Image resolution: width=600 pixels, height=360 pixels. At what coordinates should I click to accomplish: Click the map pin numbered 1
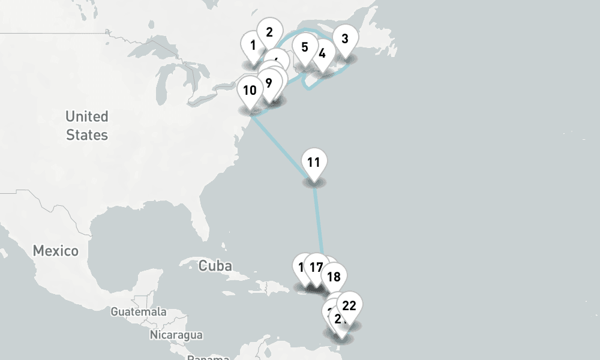coord(253,46)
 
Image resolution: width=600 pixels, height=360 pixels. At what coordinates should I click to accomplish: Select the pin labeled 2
coord(269,32)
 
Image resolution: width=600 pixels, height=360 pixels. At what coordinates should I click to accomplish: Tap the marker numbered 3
coord(344,40)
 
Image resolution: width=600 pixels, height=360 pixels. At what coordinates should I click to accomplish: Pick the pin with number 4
coord(322,54)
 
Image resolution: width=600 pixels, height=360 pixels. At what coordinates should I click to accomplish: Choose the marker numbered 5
coord(305,47)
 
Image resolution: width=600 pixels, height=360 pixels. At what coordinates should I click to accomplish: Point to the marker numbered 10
coord(250,91)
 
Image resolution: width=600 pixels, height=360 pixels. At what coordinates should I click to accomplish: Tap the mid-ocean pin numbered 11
coord(313,163)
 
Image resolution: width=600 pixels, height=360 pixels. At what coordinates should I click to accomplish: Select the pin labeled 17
coord(316,268)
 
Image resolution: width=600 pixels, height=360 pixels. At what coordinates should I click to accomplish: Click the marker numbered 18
coord(334,277)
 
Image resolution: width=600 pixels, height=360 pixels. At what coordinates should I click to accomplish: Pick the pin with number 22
coord(349,306)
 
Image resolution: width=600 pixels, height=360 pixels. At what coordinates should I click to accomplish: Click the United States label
coord(87,125)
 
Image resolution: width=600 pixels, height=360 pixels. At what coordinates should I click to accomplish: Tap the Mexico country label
coord(55,251)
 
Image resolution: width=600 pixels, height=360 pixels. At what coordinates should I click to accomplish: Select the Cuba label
coord(215,265)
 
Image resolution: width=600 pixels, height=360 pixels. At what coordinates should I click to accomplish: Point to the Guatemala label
coord(139,312)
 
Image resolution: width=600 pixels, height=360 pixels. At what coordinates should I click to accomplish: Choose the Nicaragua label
coord(176,335)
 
